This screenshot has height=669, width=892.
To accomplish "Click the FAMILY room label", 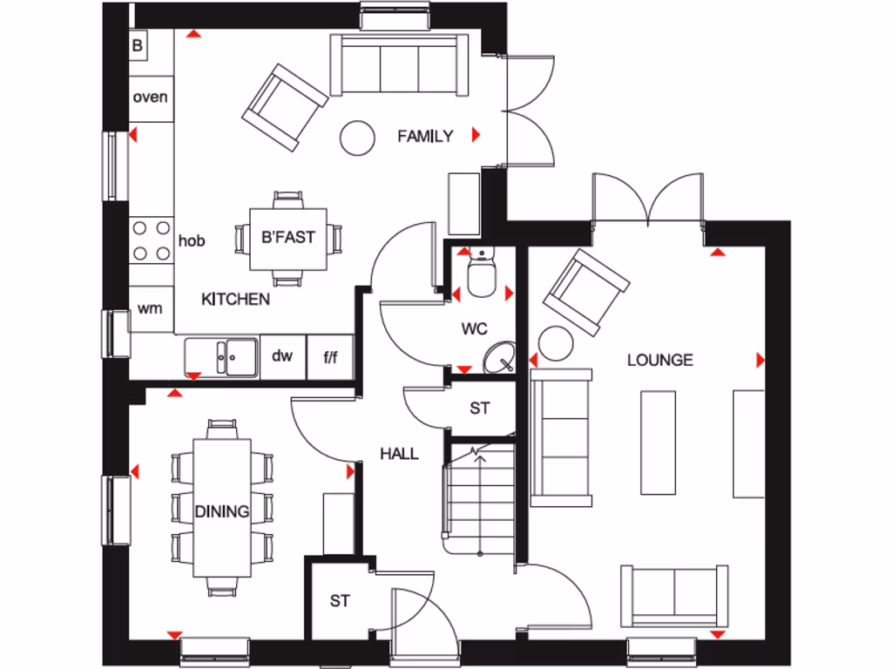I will click(425, 136).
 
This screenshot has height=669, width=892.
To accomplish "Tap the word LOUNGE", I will click(660, 360).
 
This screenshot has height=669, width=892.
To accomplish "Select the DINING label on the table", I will click(221, 511).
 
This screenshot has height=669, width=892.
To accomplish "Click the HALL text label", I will click(399, 454).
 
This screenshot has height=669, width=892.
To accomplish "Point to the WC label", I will click(475, 329).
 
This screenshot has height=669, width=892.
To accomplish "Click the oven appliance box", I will click(150, 98).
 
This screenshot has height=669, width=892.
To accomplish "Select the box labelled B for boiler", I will click(138, 45).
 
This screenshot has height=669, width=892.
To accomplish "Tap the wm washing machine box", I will click(150, 308).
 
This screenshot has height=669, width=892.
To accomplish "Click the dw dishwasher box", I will click(282, 356).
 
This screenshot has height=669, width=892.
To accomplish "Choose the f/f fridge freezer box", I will click(331, 356).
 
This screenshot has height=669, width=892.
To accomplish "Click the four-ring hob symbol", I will click(151, 240).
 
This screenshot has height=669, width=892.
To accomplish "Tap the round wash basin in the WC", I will click(498, 356).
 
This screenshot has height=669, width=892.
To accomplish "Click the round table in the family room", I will click(356, 137).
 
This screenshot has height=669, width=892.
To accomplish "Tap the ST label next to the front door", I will click(340, 601).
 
